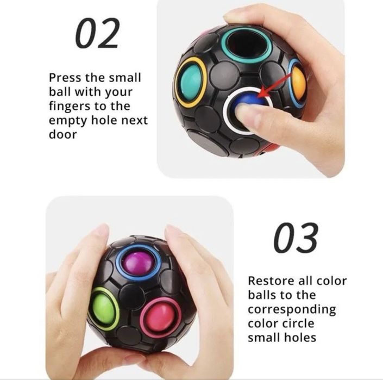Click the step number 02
coord(97,34)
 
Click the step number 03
coord(296,238)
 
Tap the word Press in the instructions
coord(65,78)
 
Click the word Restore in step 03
coord(269,282)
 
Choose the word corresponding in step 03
coord(292,310)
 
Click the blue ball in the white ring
coord(247,102)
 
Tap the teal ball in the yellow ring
coord(191,82)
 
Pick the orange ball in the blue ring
coord(298,82)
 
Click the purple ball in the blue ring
coord(138,262)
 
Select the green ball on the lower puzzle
coord(103,308)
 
